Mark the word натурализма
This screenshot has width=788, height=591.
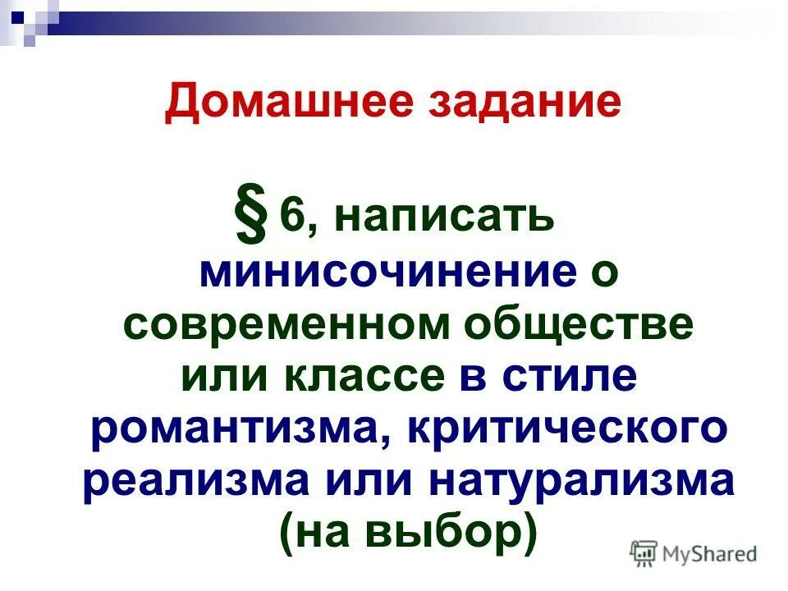580,482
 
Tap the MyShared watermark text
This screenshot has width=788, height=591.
709,553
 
